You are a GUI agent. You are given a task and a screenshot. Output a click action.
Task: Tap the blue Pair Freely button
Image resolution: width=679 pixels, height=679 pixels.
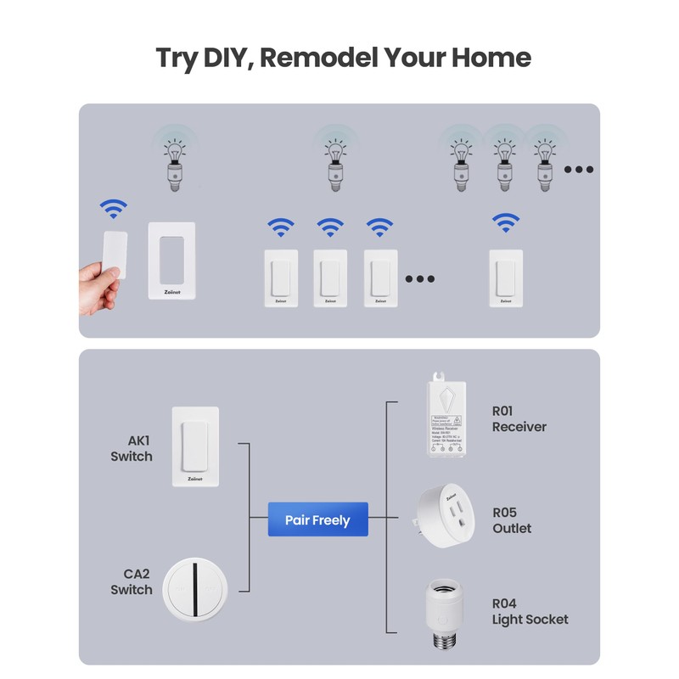[x=317, y=519]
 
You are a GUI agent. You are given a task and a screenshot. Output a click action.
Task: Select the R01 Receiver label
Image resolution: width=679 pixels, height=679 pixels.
[x=519, y=418]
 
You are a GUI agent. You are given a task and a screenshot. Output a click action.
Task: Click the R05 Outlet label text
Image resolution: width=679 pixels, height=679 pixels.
[x=512, y=520]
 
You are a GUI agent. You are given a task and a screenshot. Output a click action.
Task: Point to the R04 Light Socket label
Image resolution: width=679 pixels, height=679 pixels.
[x=530, y=611]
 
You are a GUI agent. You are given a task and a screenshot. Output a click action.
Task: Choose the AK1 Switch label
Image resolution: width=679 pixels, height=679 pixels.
[x=132, y=448]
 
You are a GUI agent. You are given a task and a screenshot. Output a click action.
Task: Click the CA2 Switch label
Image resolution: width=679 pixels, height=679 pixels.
[x=132, y=581]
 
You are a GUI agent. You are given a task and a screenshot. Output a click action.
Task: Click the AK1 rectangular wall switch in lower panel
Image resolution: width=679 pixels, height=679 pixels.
[x=195, y=446]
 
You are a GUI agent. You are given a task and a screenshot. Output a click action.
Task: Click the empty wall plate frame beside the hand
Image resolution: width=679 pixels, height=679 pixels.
[x=171, y=261]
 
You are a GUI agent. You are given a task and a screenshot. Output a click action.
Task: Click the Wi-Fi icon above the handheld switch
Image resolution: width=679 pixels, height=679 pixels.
[x=114, y=209]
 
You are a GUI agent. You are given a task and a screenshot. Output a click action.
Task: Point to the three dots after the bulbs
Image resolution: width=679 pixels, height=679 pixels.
[x=579, y=170]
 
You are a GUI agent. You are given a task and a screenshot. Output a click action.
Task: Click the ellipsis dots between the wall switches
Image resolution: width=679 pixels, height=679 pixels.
[x=419, y=278]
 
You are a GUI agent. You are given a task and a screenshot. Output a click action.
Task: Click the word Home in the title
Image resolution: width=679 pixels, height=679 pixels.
[x=491, y=58]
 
